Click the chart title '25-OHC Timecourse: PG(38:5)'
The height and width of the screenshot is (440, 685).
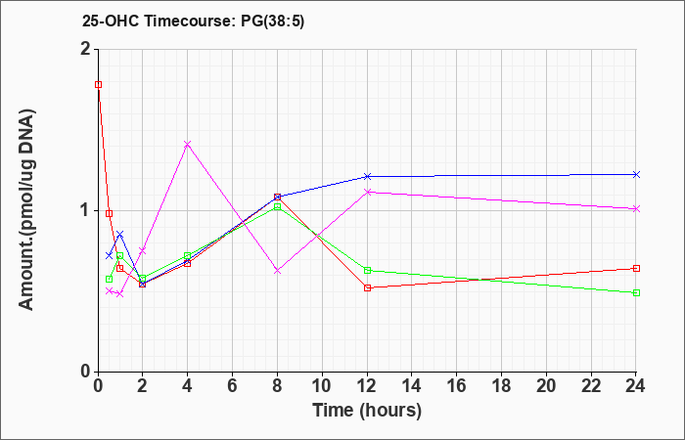tap(193, 22)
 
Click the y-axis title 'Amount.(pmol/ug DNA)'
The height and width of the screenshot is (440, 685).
tap(26, 209)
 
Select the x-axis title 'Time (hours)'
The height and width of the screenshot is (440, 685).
tap(367, 411)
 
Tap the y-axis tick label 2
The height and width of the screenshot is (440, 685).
tap(86, 49)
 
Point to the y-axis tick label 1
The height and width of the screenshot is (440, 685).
tap(86, 211)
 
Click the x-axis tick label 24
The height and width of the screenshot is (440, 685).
tap(635, 386)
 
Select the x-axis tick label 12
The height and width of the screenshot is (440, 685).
tap(367, 386)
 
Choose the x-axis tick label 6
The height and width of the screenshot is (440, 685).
tap(233, 386)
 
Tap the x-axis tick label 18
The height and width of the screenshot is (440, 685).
tap(501, 386)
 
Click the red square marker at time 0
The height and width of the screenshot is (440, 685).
tap(99, 85)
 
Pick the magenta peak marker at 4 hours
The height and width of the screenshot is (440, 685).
tap(188, 144)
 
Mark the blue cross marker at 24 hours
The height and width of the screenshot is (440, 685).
tap(636, 175)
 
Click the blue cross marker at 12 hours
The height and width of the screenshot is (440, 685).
tap(367, 176)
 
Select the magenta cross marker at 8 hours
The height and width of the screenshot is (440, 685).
tap(277, 271)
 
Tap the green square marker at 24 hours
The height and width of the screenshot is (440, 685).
tap(636, 293)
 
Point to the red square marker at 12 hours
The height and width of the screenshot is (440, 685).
tap(367, 288)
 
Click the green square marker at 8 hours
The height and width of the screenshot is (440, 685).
tap(277, 207)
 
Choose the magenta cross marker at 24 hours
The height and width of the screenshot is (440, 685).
tap(636, 208)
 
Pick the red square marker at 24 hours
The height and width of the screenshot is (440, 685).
tap(636, 269)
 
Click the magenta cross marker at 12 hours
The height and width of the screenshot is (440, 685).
tap(367, 192)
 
